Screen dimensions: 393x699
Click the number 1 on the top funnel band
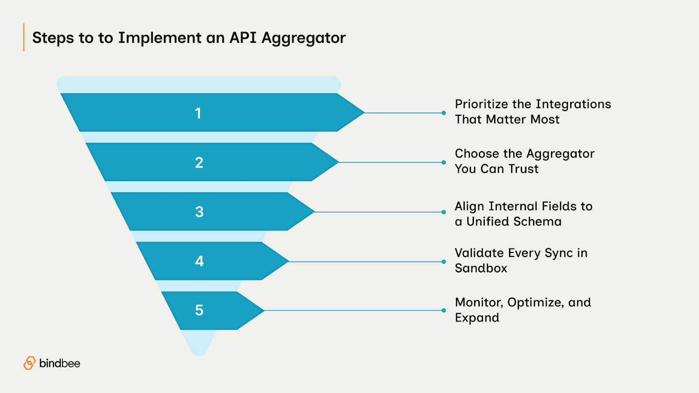coord(198,114)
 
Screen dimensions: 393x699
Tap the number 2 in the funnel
coord(199,163)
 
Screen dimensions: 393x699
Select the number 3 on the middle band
coord(199,212)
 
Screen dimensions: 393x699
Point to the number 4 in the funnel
coord(199,261)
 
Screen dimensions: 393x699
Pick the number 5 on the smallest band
coord(199,310)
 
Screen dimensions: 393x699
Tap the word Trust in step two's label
coord(523,169)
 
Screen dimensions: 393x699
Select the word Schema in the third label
coord(537,222)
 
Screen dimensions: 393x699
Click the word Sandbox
coord(481,268)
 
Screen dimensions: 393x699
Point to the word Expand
coord(477,318)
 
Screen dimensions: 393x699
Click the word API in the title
coord(242,38)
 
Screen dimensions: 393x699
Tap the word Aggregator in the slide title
coord(303,38)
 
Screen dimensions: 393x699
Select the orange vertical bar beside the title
coord(24,37)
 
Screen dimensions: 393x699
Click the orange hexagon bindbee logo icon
coord(29,363)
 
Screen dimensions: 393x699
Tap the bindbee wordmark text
coord(60,363)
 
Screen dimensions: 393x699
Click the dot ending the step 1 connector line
coord(443,113)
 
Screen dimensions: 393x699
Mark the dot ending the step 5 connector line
coord(443,310)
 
